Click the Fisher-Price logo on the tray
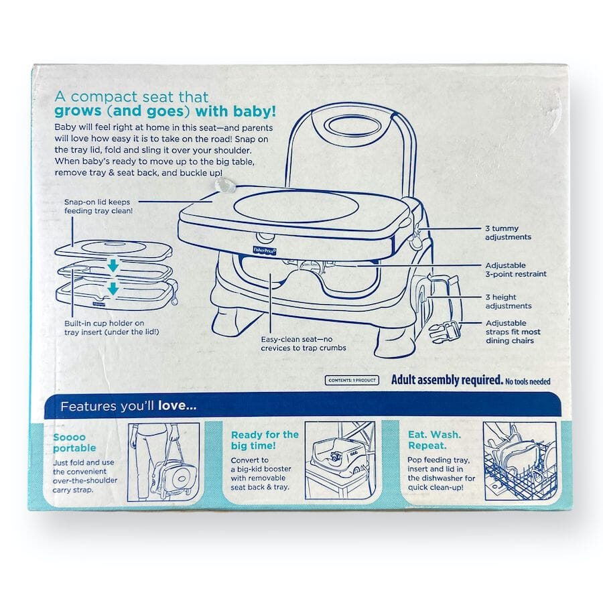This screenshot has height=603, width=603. (265, 251)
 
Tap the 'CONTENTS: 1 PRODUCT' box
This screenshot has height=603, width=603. (352, 381)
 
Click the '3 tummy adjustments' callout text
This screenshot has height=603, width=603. (508, 232)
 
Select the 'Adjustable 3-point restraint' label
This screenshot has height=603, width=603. (516, 269)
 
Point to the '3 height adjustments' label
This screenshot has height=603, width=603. (509, 301)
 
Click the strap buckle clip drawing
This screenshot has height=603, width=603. (444, 332)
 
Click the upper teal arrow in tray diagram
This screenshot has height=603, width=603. (113, 265)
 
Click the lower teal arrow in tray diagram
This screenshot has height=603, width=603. (113, 288)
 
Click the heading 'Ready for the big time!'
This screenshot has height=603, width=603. (265, 440)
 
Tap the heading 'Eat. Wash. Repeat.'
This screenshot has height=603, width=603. (434, 440)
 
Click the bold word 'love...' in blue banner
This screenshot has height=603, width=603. (178, 406)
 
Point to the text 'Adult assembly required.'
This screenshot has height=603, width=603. (447, 380)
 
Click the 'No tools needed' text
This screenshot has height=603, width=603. (528, 381)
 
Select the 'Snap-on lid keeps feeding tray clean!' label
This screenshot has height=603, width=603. (98, 206)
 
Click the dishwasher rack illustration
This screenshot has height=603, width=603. (520, 461)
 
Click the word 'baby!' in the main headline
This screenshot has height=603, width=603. (255, 111)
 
